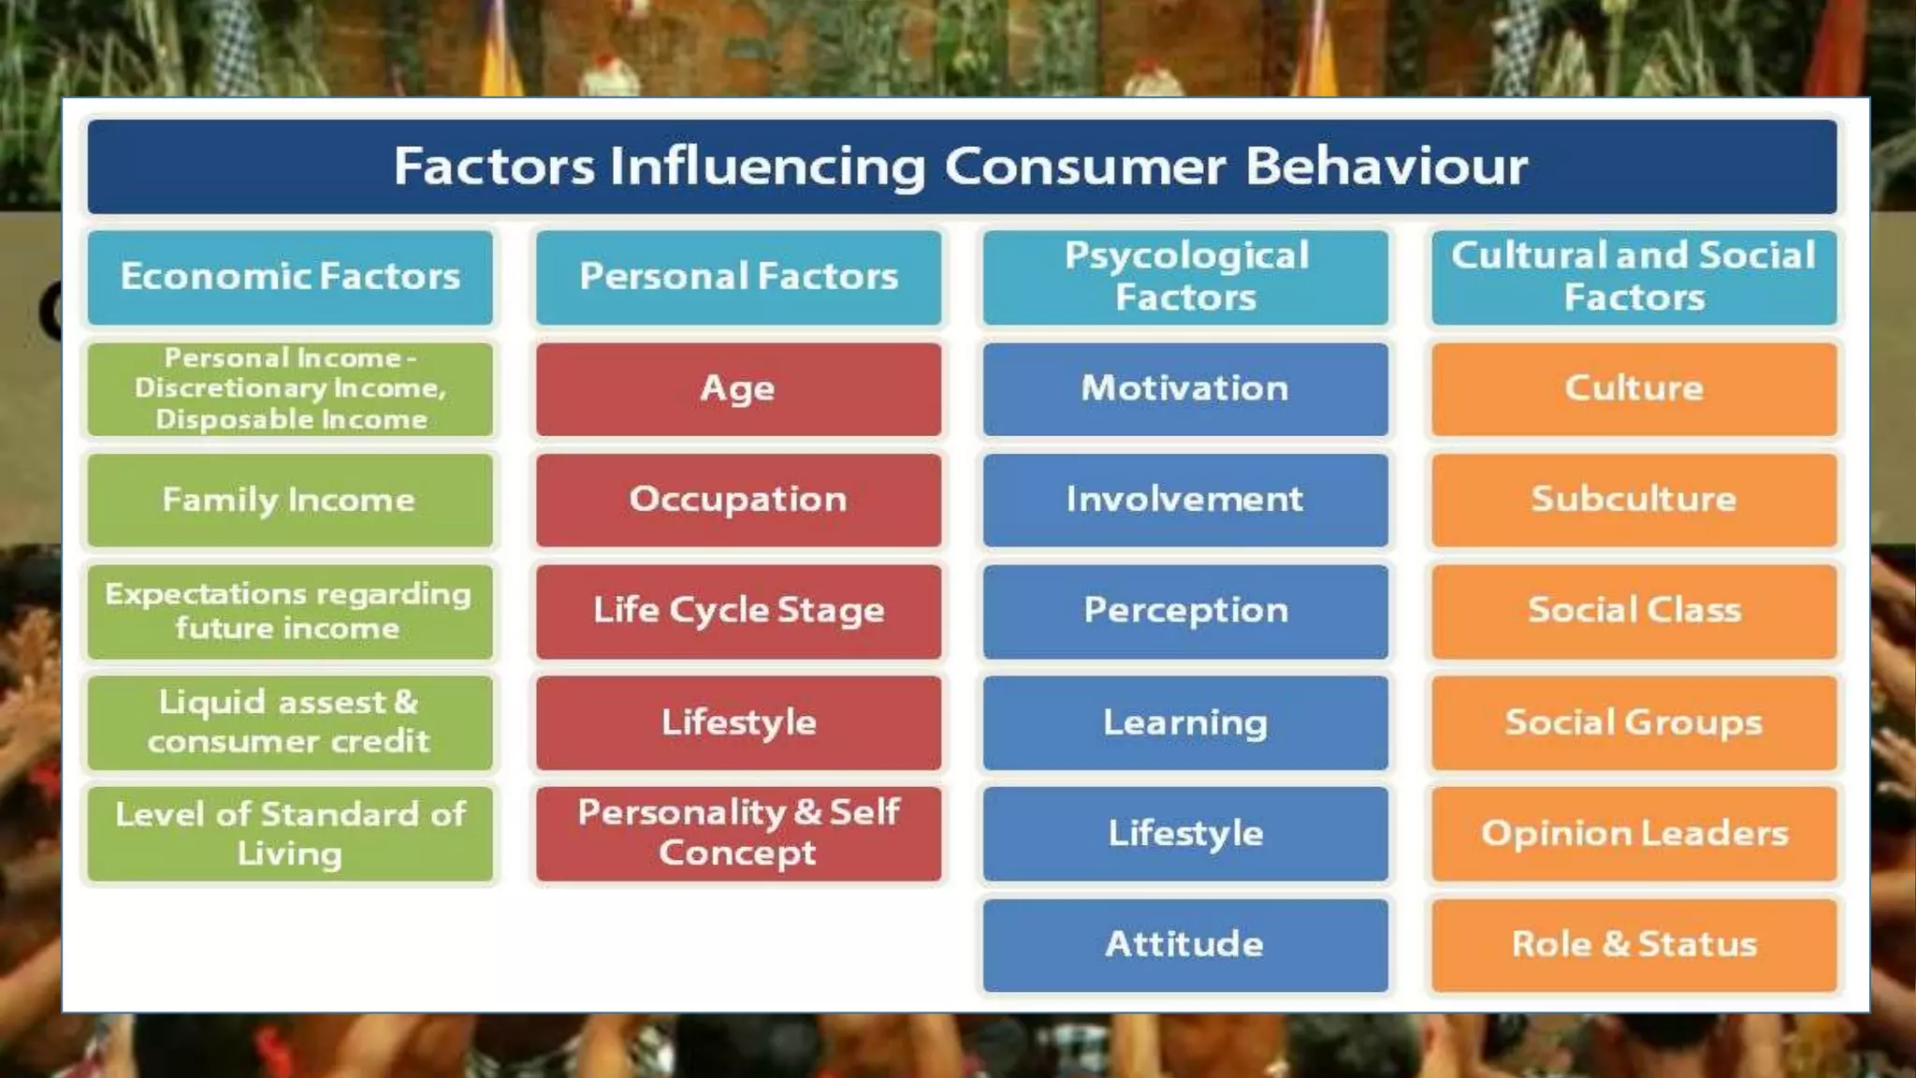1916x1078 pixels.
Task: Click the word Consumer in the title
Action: pos(1084,167)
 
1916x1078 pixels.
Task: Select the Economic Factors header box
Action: pos(290,277)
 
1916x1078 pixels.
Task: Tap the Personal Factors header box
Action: pos(738,277)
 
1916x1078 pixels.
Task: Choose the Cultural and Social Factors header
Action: pos(1633,277)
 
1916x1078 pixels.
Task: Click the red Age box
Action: pos(738,388)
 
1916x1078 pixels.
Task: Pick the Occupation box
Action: pos(738,500)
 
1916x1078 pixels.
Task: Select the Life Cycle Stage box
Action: pos(738,611)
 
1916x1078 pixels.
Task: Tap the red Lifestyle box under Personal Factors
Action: pos(738,722)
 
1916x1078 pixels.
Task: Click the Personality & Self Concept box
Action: pos(738,833)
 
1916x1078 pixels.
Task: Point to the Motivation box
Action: pos(1185,388)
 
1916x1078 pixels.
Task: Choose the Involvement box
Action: pos(1185,500)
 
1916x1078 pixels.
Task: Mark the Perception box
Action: pos(1185,611)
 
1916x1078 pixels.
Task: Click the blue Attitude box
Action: pos(1185,944)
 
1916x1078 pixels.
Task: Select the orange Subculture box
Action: pos(1633,500)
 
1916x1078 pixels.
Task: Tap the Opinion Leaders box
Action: pos(1633,833)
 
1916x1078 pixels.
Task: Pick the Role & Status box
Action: pos(1633,944)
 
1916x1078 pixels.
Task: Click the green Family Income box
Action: pos(290,500)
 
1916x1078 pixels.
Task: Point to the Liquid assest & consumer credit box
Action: pos(290,722)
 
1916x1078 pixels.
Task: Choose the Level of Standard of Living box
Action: pos(290,833)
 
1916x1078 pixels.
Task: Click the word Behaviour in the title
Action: pos(1386,167)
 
